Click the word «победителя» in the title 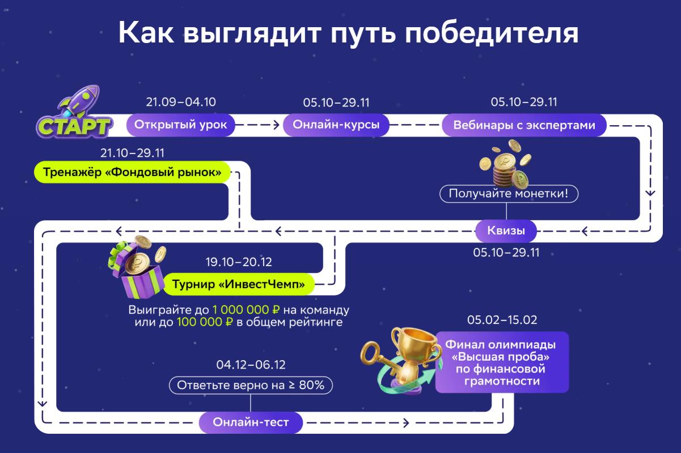coord(492,33)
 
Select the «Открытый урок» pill coord(180,125)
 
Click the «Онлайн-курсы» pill coord(336,125)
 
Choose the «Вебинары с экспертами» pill coord(524,125)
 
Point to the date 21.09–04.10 coord(181,102)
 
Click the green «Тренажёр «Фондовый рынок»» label coord(132,172)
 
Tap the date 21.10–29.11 coord(132,153)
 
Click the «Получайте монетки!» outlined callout coord(509,194)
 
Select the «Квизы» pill coord(506,231)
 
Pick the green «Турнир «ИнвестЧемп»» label coord(238,284)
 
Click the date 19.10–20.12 coord(239,262)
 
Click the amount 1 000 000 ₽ coord(246,310)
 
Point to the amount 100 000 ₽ coord(205,322)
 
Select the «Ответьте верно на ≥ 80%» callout coord(251,385)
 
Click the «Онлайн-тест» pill coord(251,422)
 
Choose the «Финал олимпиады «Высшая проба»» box coord(502,362)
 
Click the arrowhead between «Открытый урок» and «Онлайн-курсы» coord(276,125)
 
